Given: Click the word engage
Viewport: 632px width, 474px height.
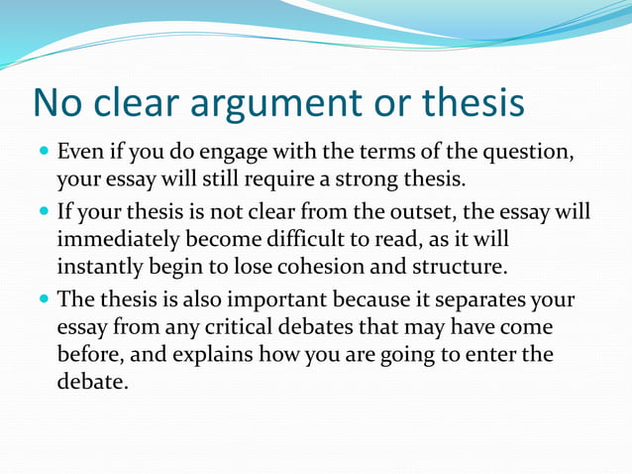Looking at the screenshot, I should coord(236,155).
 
